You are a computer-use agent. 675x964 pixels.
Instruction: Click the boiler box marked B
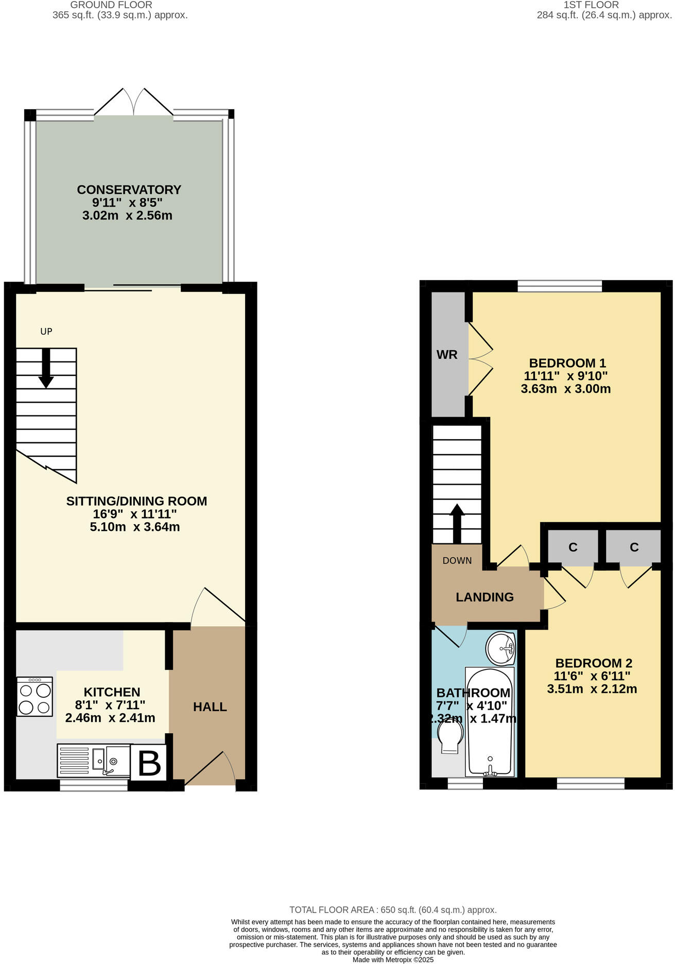coord(149,763)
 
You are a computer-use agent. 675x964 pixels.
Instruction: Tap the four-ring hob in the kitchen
coord(34,697)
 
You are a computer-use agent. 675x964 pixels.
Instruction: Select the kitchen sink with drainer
coord(93,761)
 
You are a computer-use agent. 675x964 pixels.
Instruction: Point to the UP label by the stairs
coord(46,332)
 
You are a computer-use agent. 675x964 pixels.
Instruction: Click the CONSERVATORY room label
coord(129,190)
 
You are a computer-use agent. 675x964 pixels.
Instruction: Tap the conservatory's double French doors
coord(134,102)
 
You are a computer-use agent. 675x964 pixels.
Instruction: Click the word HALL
coord(210,707)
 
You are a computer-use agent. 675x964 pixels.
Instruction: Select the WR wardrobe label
coord(446,355)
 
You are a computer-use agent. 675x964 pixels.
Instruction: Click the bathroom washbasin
coord(501,648)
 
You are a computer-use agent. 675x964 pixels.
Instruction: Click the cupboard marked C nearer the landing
coord(573,547)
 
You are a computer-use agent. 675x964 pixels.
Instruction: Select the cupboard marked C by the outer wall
coord(634,547)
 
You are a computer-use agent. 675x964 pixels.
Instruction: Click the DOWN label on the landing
coord(457,561)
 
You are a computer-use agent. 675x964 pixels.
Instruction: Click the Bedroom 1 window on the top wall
coord(560,286)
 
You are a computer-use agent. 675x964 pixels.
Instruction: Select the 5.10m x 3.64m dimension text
coord(135,527)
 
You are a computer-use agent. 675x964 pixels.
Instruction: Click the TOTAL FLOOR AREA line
coord(393,910)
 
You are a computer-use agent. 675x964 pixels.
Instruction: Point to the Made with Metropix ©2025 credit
coord(393,960)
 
